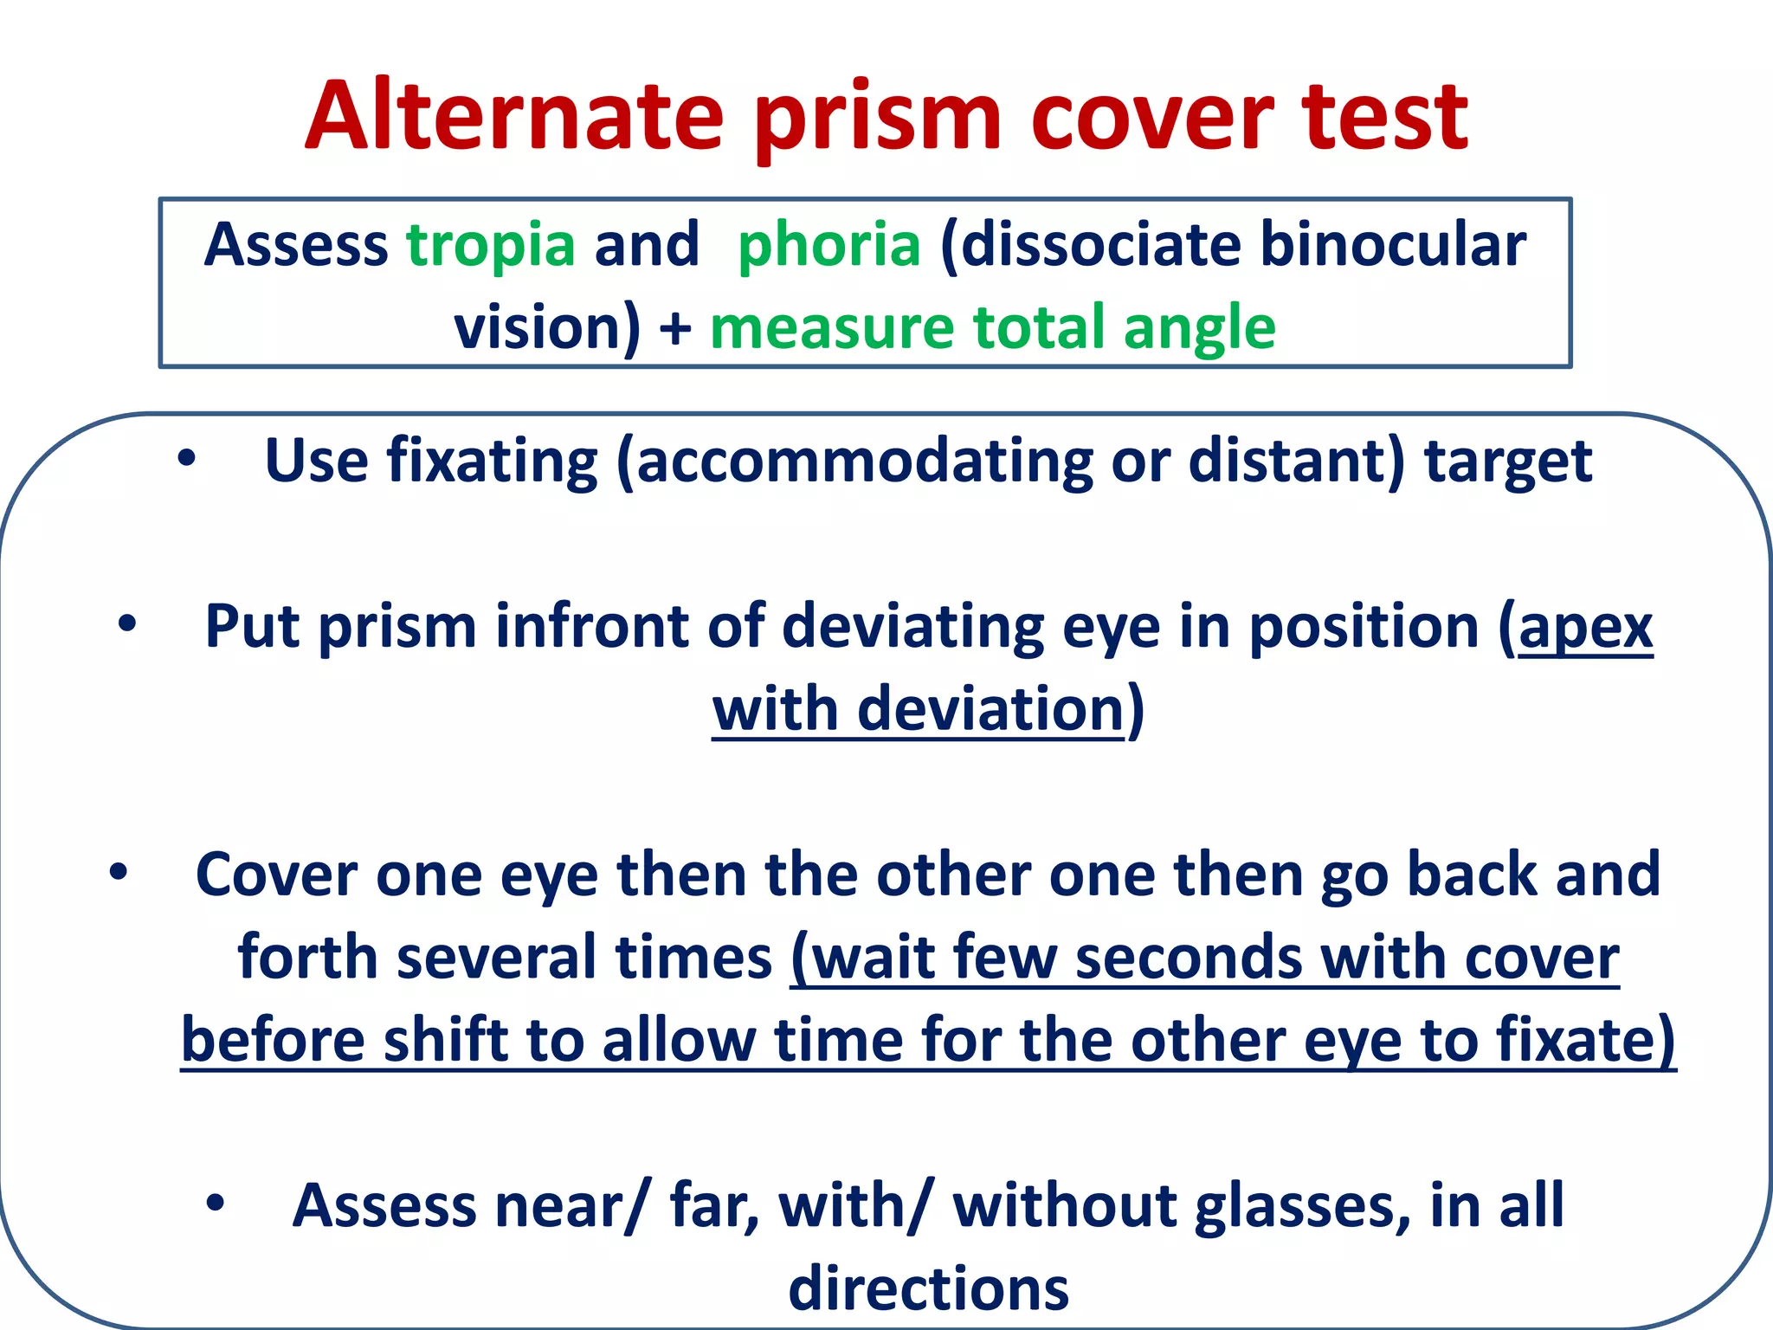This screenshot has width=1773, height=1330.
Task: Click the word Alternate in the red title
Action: click(x=514, y=117)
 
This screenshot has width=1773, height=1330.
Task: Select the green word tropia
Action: click(x=491, y=245)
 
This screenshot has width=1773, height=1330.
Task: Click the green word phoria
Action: click(x=828, y=245)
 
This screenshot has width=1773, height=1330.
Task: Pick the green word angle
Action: click(x=1199, y=329)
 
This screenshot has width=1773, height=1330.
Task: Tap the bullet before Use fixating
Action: click(x=186, y=460)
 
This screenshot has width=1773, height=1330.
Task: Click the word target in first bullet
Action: click(x=1507, y=462)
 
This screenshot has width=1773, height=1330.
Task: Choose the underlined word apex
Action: click(x=1585, y=628)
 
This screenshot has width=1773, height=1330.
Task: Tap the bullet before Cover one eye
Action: click(x=119, y=872)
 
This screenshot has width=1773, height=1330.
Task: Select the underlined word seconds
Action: click(x=1188, y=959)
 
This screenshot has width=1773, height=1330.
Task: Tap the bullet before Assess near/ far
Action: click(x=216, y=1203)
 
